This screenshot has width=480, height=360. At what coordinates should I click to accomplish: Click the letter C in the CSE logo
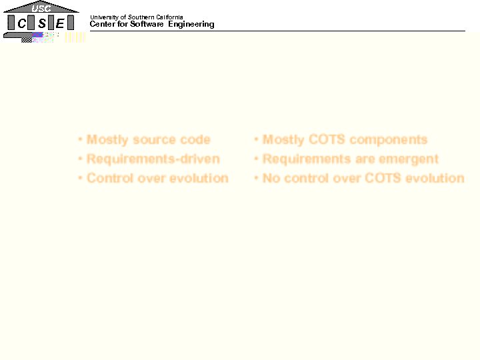22,23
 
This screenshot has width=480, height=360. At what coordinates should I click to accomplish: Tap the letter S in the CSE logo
41,23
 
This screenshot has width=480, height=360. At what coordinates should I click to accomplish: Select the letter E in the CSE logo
60,23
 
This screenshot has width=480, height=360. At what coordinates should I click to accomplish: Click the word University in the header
104,17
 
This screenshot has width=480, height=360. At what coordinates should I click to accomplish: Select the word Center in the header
103,25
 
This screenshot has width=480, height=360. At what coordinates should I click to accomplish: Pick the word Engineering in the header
191,25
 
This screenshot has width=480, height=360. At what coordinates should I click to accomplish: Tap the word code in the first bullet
195,140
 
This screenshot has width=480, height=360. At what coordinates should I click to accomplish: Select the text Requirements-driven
153,159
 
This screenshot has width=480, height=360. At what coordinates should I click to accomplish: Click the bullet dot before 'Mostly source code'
80,140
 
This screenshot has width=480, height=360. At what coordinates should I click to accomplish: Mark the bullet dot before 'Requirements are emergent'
256,159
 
